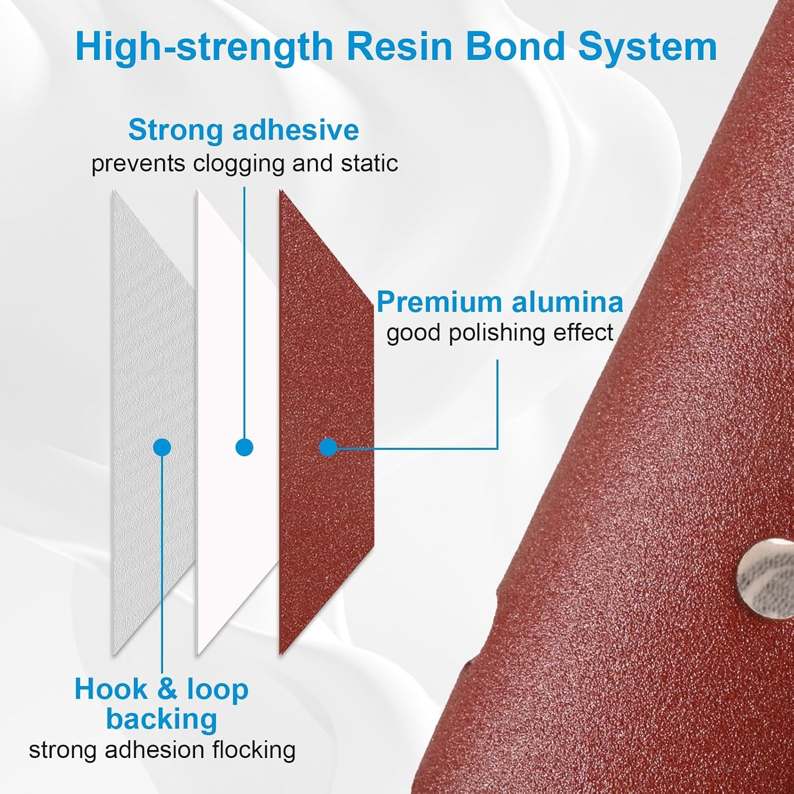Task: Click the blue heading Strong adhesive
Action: (x=243, y=130)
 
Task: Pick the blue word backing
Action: (x=162, y=720)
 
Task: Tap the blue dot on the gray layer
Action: (x=162, y=447)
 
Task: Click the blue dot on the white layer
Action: (x=244, y=447)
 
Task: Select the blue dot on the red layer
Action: (x=328, y=447)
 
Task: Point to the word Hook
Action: (x=111, y=690)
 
